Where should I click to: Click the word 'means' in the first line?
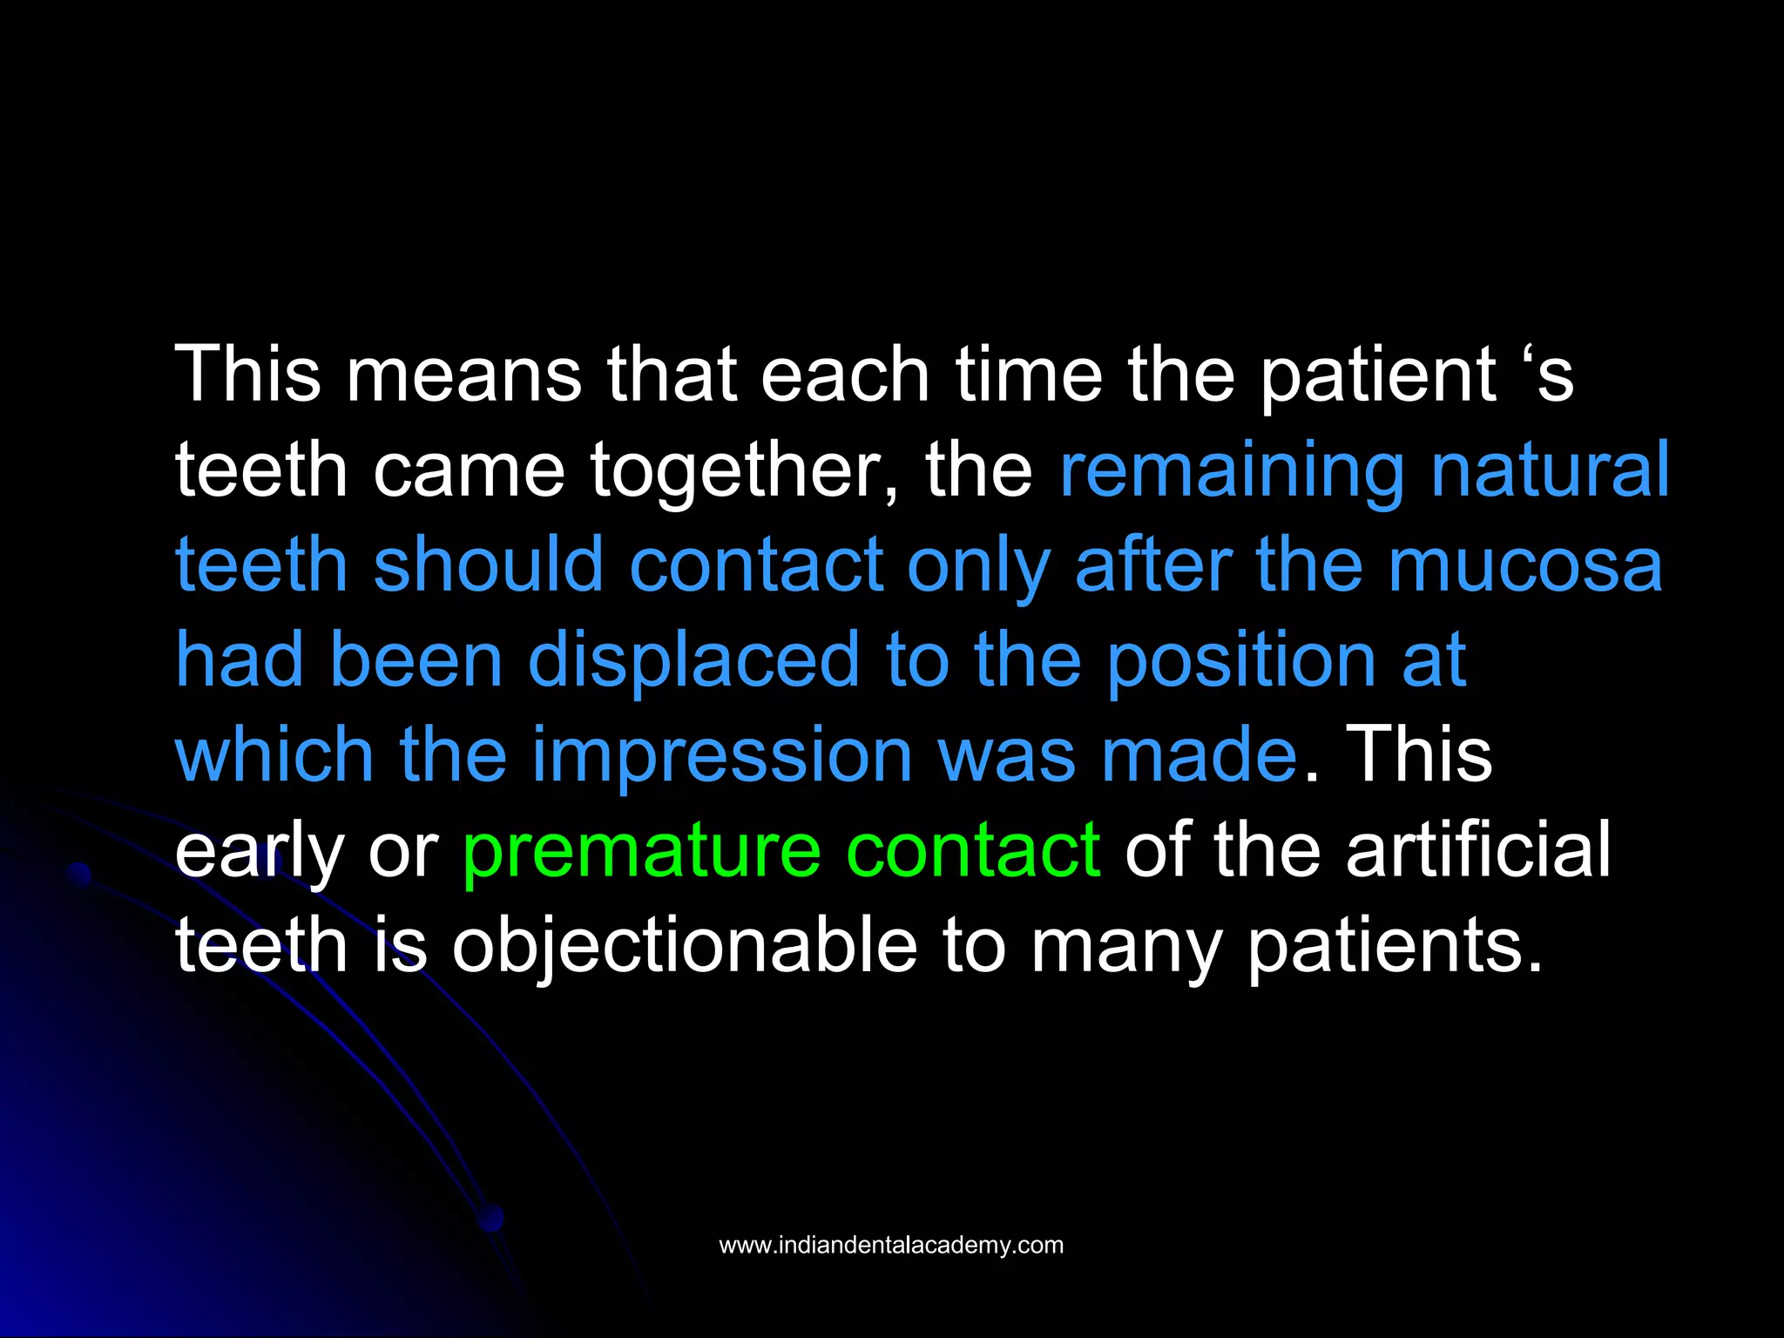(463, 375)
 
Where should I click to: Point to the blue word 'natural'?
(1550, 470)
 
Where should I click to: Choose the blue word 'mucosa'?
(1524, 565)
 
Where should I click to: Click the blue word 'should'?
(488, 565)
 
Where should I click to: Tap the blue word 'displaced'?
(694, 660)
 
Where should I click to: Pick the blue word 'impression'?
(722, 755)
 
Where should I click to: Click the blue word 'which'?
(274, 755)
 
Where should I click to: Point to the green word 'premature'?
(641, 850)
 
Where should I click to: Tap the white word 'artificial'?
(1478, 850)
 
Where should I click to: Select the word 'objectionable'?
(685, 946)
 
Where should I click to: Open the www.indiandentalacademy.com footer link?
(891, 1246)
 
